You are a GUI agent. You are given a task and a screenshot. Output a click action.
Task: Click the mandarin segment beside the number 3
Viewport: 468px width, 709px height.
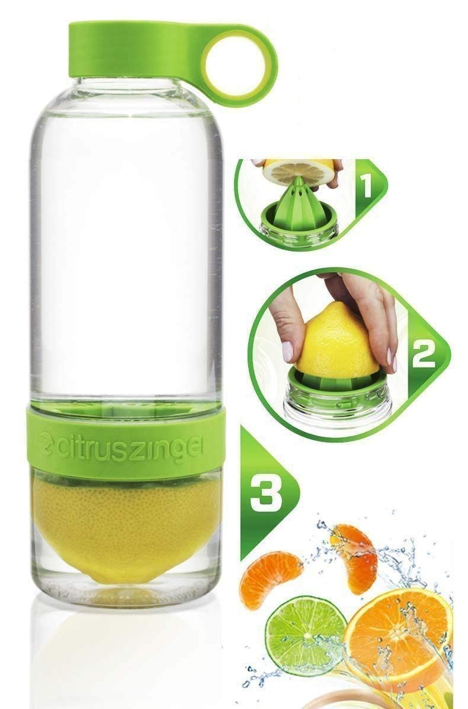271,577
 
